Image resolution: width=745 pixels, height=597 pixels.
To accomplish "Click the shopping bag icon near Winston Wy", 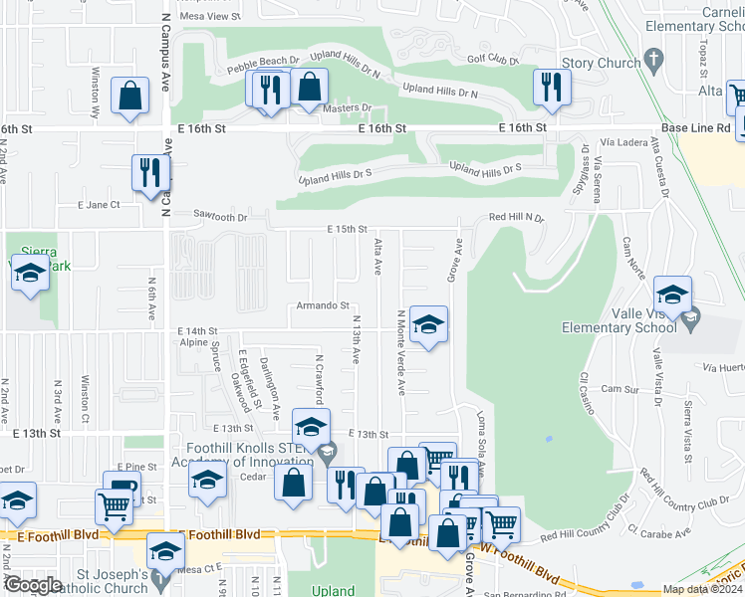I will tap(130, 97).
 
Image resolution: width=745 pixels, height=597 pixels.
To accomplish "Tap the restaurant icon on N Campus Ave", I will tap(150, 172).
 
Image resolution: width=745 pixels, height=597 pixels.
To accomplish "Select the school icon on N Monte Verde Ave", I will tap(428, 324).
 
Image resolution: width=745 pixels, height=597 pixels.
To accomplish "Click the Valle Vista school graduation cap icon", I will tap(673, 295).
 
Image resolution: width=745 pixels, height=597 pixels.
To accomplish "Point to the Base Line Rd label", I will tap(696, 128).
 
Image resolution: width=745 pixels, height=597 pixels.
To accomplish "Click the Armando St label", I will tap(321, 305).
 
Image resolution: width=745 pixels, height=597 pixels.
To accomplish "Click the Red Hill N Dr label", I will tap(516, 216).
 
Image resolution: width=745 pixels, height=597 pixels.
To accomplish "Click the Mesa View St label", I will tap(209, 17).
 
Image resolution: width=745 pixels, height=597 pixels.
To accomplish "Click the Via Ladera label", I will tap(621, 143).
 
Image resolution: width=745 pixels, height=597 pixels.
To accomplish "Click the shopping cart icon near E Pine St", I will tap(114, 505).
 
